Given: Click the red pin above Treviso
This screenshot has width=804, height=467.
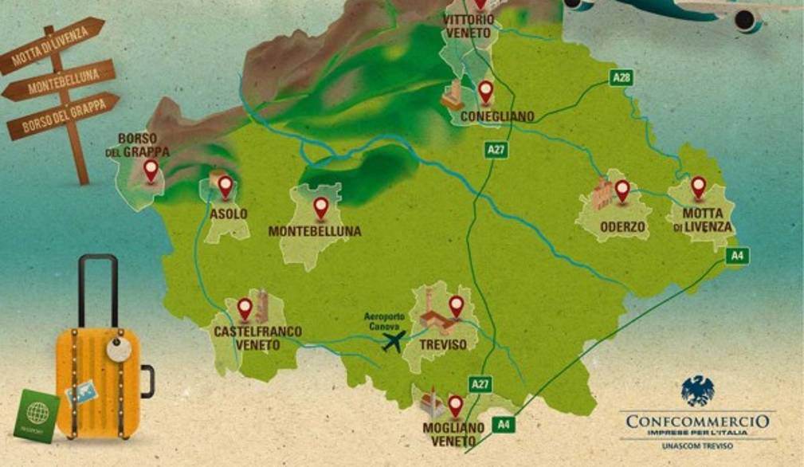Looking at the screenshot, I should point(456,305).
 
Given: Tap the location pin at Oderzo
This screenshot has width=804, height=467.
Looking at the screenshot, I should point(622,190).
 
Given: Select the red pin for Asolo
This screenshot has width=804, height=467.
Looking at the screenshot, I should point(225,186).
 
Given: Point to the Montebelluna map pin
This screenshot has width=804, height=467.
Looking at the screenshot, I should point(320,208).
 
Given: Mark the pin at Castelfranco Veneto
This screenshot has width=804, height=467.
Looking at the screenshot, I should point(245,308).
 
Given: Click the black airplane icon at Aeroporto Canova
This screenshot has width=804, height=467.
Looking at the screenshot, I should point(393,342).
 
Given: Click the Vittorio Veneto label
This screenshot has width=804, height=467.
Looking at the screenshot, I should point(469,25).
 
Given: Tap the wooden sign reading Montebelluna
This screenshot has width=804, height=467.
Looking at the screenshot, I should point(60,83).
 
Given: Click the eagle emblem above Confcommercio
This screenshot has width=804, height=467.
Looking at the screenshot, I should point(697,390).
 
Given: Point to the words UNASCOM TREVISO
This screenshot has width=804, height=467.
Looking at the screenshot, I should point(697,446).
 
